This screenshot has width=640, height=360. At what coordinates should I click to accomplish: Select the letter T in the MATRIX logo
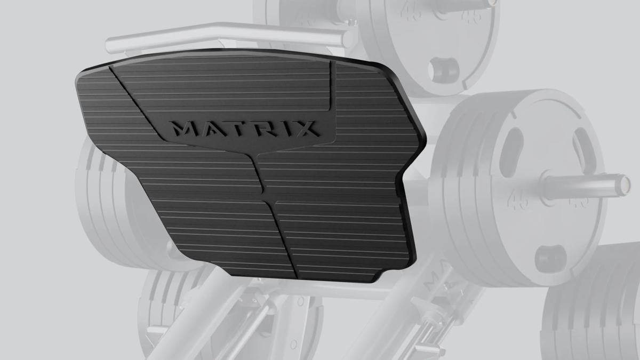tap(235, 129)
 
